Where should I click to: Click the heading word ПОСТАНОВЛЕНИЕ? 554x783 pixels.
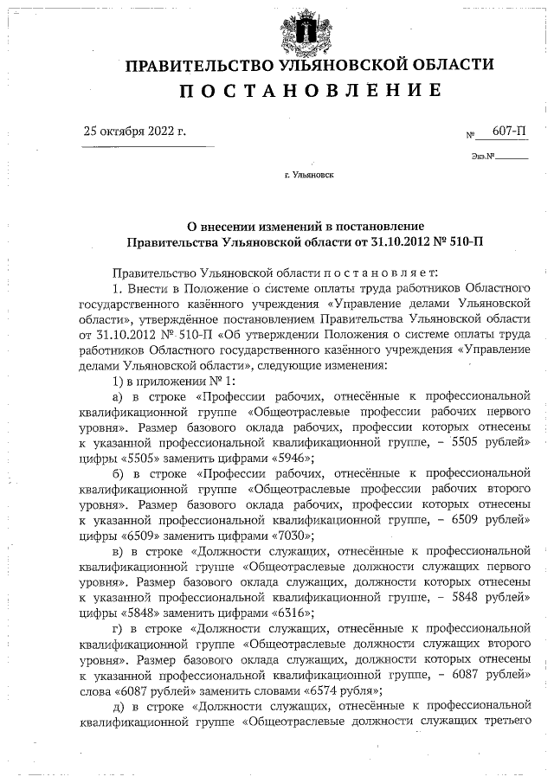[x=309, y=91]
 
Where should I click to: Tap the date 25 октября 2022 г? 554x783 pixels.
[x=134, y=132]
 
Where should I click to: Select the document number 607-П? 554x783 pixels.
[x=510, y=131]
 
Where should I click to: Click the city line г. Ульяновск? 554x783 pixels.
[x=309, y=175]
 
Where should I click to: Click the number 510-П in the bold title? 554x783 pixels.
[x=463, y=238]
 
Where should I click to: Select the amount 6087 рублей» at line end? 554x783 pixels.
[x=490, y=676]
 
